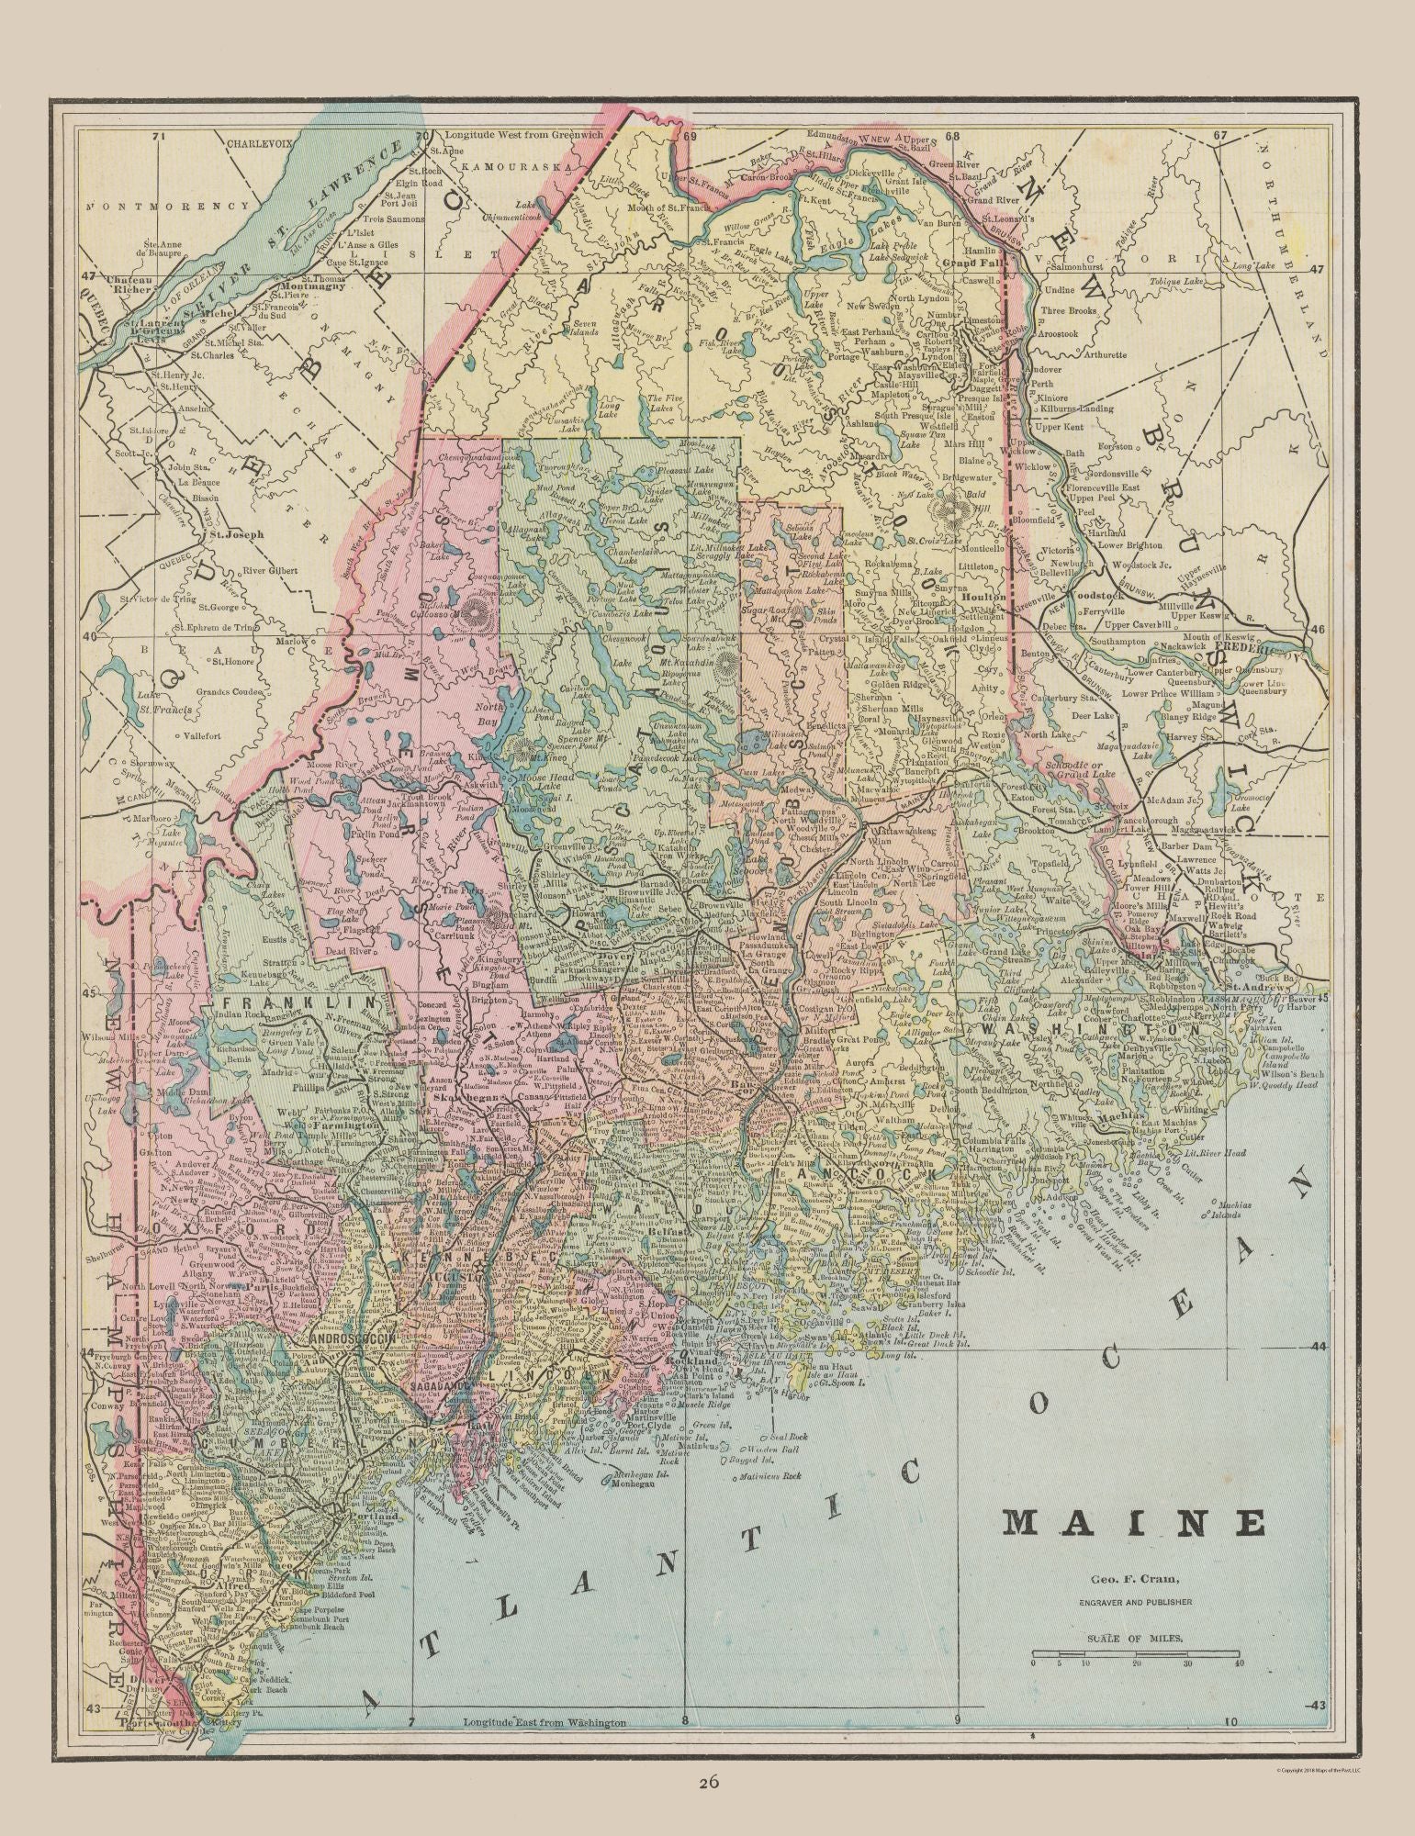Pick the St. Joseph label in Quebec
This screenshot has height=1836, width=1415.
point(233,533)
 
